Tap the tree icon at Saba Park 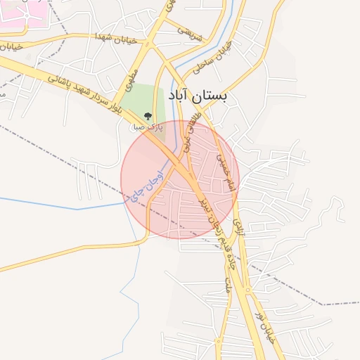pos(147,116)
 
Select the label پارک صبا pos(148,128)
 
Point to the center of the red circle pos(180,179)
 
